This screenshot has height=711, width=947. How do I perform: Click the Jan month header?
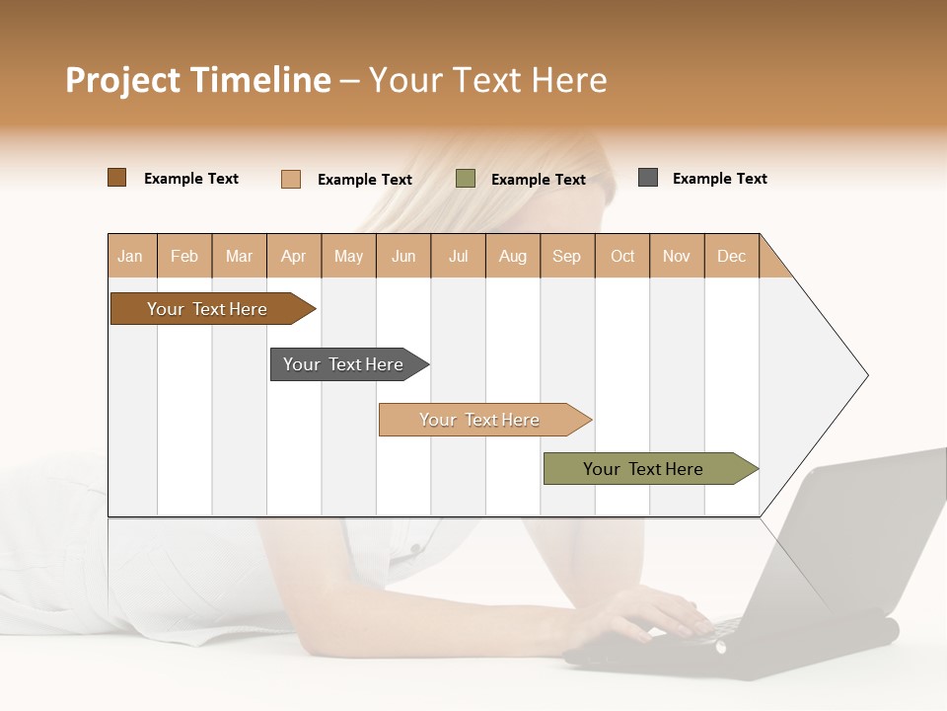point(131,256)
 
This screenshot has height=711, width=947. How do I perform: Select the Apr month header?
point(294,256)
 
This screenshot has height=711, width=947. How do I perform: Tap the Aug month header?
point(513,256)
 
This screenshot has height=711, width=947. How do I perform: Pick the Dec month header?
point(731,256)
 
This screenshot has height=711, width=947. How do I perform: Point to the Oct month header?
point(622,256)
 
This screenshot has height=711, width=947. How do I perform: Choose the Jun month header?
point(403,256)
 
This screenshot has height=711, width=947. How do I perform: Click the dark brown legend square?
point(116,178)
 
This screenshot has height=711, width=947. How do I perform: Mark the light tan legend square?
point(291,179)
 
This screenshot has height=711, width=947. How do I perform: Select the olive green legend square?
point(466,179)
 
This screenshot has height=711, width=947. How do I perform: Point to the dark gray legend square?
point(648,178)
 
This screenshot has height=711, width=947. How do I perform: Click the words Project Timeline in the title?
point(197,80)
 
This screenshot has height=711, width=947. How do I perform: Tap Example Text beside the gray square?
point(719,179)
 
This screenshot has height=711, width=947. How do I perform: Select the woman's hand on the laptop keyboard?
point(656,612)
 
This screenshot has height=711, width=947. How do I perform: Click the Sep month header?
point(566,256)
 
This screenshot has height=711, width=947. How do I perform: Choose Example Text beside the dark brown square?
point(191,179)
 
